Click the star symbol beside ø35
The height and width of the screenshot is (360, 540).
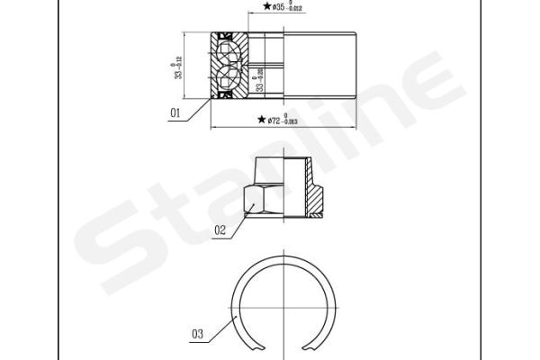266,6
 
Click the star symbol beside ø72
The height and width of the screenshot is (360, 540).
261,119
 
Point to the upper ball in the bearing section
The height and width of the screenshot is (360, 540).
226,50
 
